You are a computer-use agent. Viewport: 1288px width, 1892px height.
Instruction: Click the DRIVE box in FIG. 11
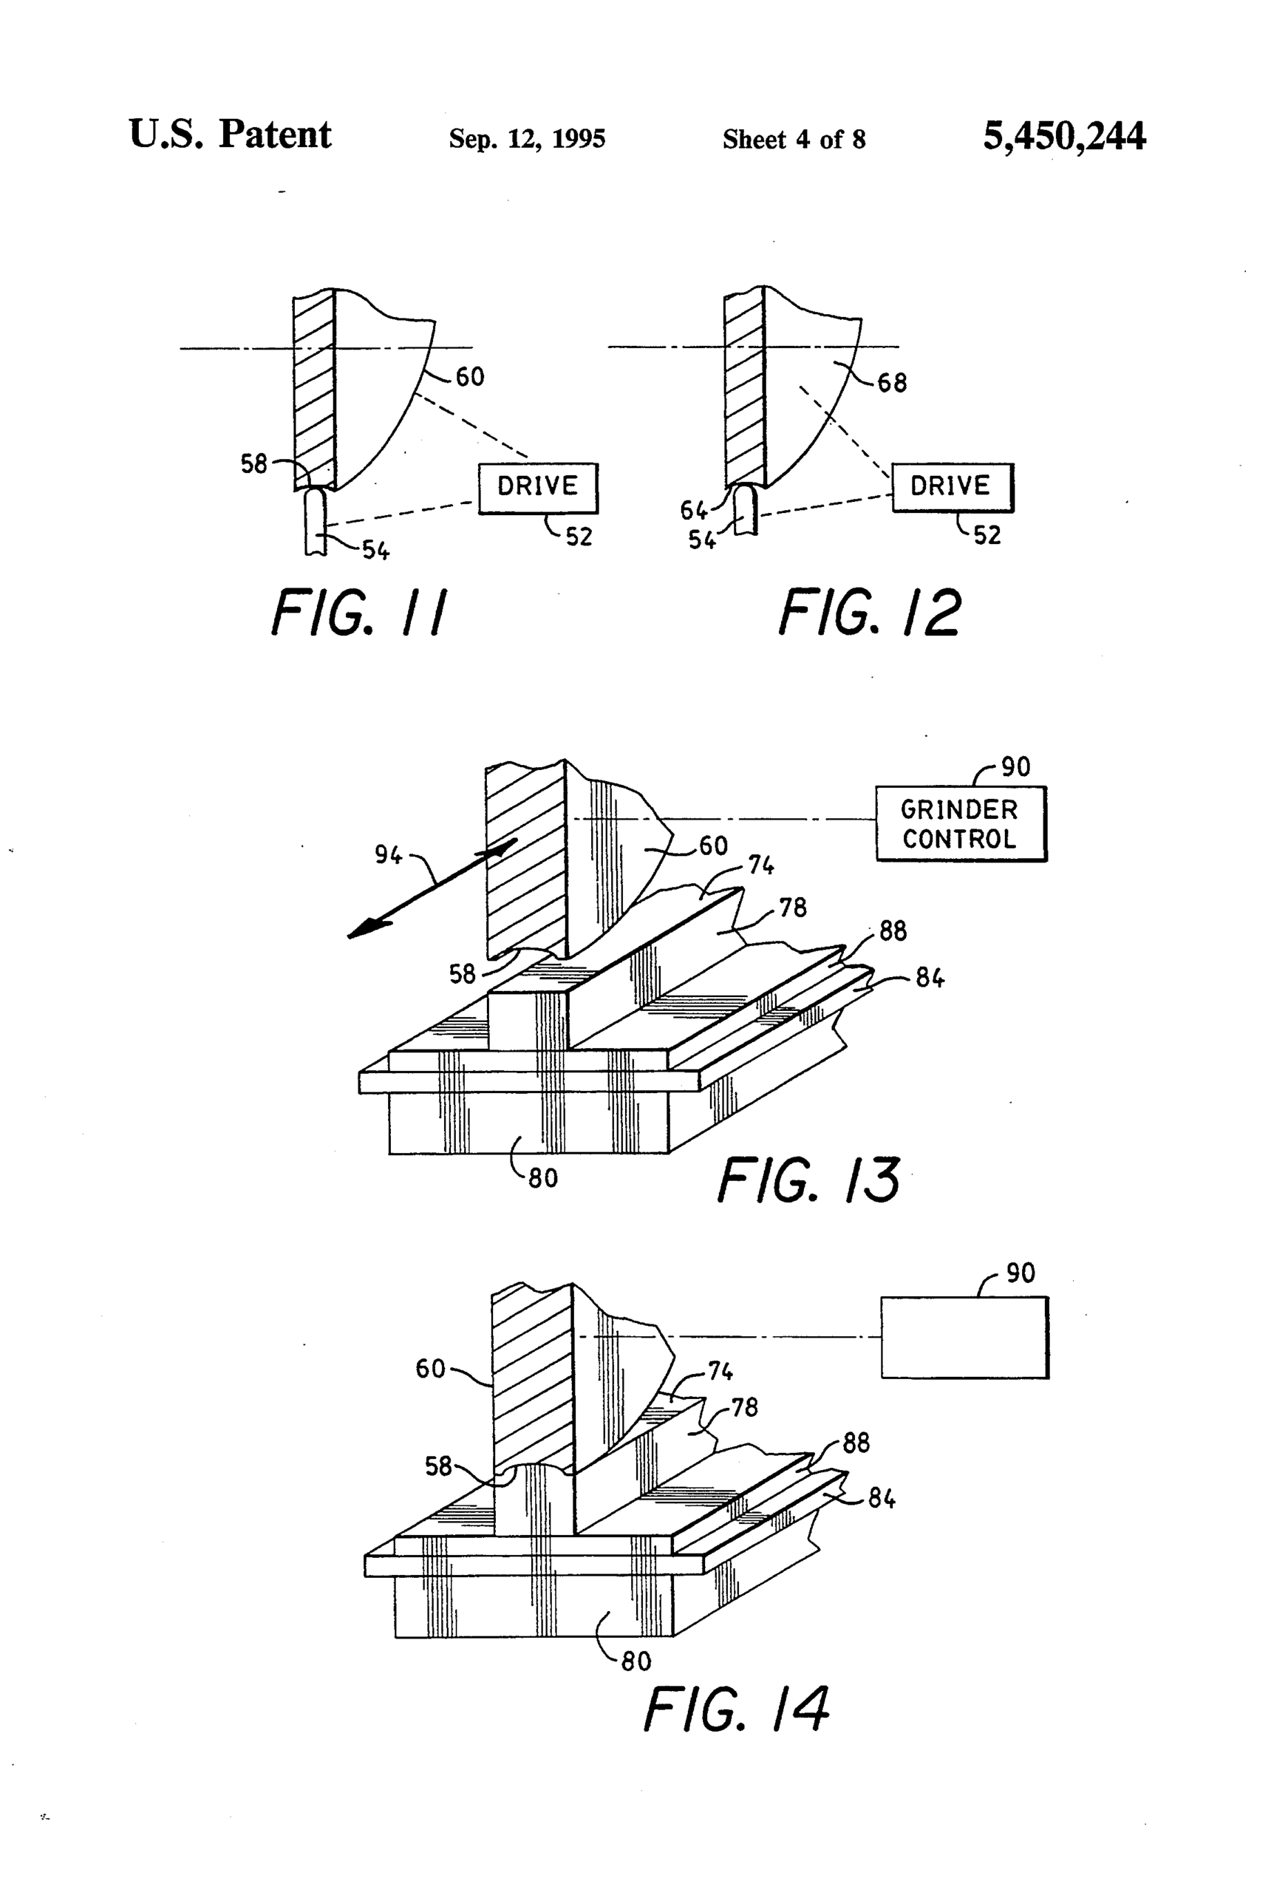[537, 488]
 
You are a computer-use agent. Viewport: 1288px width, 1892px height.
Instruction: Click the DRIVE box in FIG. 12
[952, 487]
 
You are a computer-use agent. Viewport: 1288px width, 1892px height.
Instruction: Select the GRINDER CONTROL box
[960, 824]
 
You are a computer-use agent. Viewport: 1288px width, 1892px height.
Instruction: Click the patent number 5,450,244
[1063, 136]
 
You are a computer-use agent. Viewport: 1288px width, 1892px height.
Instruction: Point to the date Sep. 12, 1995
[527, 139]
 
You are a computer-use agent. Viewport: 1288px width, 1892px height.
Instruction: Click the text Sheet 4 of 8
[794, 140]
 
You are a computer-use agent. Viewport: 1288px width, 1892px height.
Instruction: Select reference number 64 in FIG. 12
[694, 511]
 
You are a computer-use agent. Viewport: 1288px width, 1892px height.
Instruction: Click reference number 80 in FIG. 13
[543, 1178]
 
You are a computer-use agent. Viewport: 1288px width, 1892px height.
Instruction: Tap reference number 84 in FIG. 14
[882, 1498]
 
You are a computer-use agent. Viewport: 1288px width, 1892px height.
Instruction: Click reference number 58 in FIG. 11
[254, 464]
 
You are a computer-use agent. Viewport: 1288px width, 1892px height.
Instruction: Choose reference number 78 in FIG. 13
[793, 907]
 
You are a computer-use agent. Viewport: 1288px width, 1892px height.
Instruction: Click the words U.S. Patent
[230, 135]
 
